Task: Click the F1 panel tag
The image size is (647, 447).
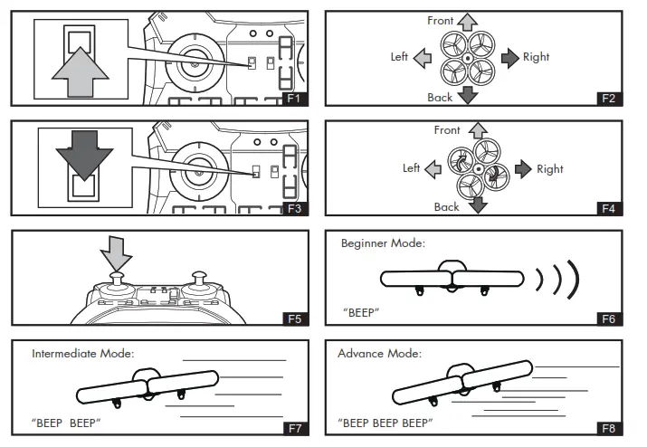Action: pyautogui.click(x=294, y=98)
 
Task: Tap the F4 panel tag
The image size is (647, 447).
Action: pyautogui.click(x=611, y=209)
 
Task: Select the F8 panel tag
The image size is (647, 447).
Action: pyautogui.click(x=611, y=428)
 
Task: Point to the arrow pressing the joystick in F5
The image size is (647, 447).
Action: pyautogui.click(x=117, y=251)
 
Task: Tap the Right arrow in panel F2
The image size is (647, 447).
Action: pyautogui.click(x=511, y=57)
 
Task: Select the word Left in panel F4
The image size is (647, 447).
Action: pyautogui.click(x=412, y=168)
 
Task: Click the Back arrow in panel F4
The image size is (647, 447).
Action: pyautogui.click(x=477, y=204)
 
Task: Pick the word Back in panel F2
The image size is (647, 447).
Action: pyautogui.click(x=440, y=97)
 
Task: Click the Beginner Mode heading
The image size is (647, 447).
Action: pyautogui.click(x=383, y=243)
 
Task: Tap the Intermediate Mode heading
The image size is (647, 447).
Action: pyautogui.click(x=82, y=353)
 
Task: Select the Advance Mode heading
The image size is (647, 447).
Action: pyautogui.click(x=379, y=353)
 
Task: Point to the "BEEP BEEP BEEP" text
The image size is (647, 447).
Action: pyautogui.click(x=385, y=423)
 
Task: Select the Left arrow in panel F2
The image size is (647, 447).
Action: pyautogui.click(x=423, y=58)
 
